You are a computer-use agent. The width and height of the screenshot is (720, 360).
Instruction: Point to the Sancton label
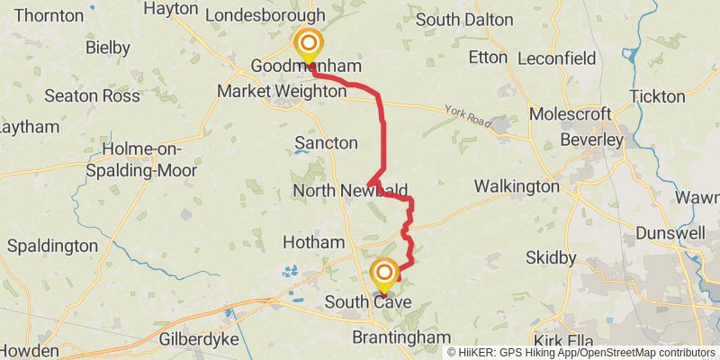[326, 143]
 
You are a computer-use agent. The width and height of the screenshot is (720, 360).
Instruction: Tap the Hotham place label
[313, 242]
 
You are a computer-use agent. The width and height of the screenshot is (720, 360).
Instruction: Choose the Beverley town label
[591, 140]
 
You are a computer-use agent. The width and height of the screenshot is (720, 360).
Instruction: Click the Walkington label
[517, 186]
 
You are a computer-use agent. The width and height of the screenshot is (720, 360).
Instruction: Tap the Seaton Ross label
[92, 95]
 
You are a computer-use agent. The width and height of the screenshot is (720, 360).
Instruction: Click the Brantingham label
[400, 337]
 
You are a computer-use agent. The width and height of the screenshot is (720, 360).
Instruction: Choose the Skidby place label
[550, 258]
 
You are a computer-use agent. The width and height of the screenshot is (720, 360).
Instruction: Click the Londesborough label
[265, 15]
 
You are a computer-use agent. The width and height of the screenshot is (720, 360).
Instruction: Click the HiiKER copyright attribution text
[581, 353]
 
